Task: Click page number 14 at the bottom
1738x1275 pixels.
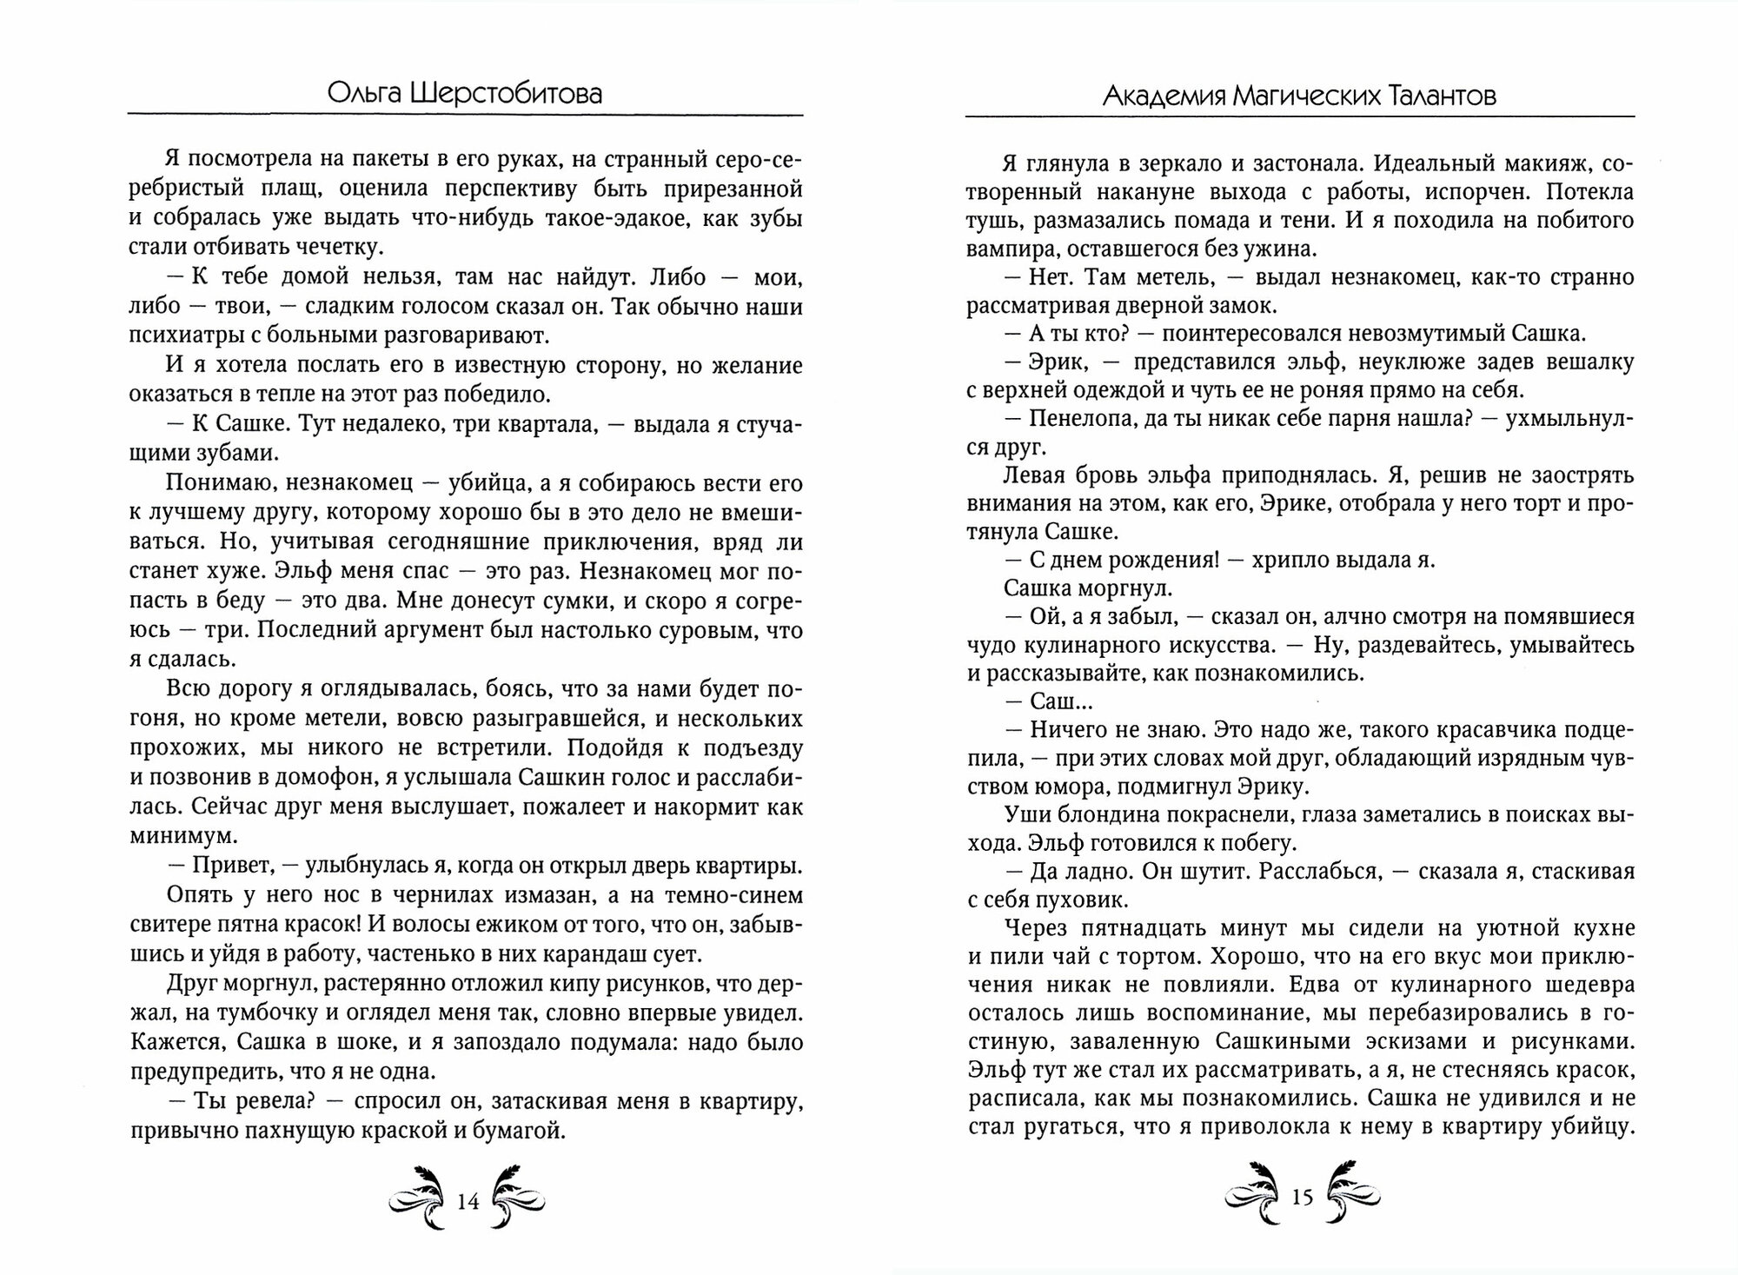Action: tap(468, 1202)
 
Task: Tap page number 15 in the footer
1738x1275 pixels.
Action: tap(1301, 1198)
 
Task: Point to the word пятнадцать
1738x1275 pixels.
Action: tap(1134, 926)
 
